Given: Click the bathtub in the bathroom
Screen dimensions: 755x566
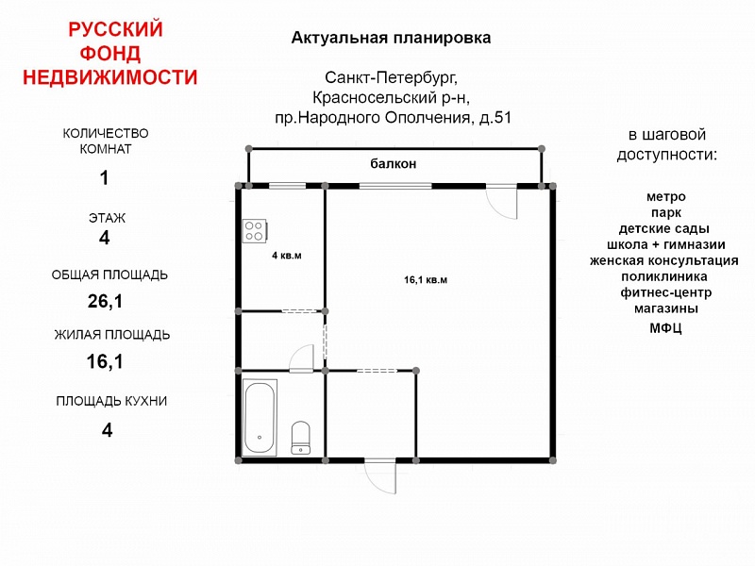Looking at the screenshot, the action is point(260,418).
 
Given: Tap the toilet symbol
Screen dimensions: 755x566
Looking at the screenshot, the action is point(301,438).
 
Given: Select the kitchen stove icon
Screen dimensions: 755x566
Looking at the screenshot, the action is point(254,230).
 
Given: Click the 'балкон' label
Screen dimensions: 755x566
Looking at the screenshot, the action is point(393,163).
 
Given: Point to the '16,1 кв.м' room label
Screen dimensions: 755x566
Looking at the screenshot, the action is point(426,279).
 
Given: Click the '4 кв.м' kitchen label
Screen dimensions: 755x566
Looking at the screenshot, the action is point(287,255).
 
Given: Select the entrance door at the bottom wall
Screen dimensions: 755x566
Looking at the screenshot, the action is point(380,476).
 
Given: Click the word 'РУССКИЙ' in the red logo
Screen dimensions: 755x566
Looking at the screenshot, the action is point(115,29).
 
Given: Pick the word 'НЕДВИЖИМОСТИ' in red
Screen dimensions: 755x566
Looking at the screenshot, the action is point(110,77).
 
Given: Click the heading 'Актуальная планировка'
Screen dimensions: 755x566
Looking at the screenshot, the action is point(391,38).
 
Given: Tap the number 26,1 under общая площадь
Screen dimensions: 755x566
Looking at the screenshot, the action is point(105,301).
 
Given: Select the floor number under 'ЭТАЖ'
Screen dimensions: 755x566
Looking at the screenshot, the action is point(105,238).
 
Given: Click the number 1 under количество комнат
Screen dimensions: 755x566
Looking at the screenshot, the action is point(104,178).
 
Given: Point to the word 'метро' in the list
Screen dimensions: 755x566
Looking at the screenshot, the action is point(666,196).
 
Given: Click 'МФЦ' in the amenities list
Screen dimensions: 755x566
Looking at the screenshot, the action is point(666,328).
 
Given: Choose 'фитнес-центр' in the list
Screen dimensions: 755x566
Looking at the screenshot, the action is point(666,292).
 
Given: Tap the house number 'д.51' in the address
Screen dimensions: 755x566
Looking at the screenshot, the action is point(495,117).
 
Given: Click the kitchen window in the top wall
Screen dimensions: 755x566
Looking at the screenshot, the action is point(288,186).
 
